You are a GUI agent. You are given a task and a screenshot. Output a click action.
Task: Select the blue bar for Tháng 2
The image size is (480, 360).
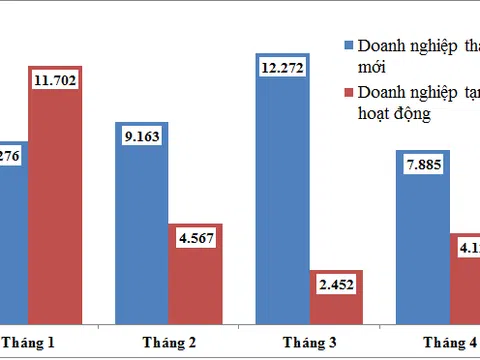point(150,240)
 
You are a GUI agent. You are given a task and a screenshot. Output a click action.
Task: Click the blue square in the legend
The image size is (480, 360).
point(348,46)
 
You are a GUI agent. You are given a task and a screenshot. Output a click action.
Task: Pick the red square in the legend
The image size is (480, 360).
point(348,93)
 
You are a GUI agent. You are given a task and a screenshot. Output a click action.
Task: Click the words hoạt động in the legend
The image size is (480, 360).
point(394,114)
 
